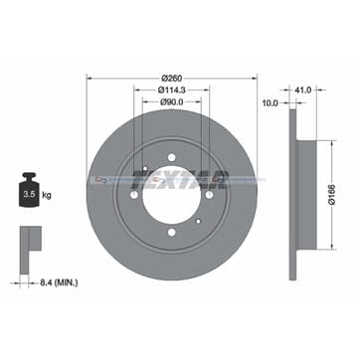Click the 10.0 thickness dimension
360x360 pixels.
click(x=270, y=101)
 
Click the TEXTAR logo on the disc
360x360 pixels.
click(x=177, y=180)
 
